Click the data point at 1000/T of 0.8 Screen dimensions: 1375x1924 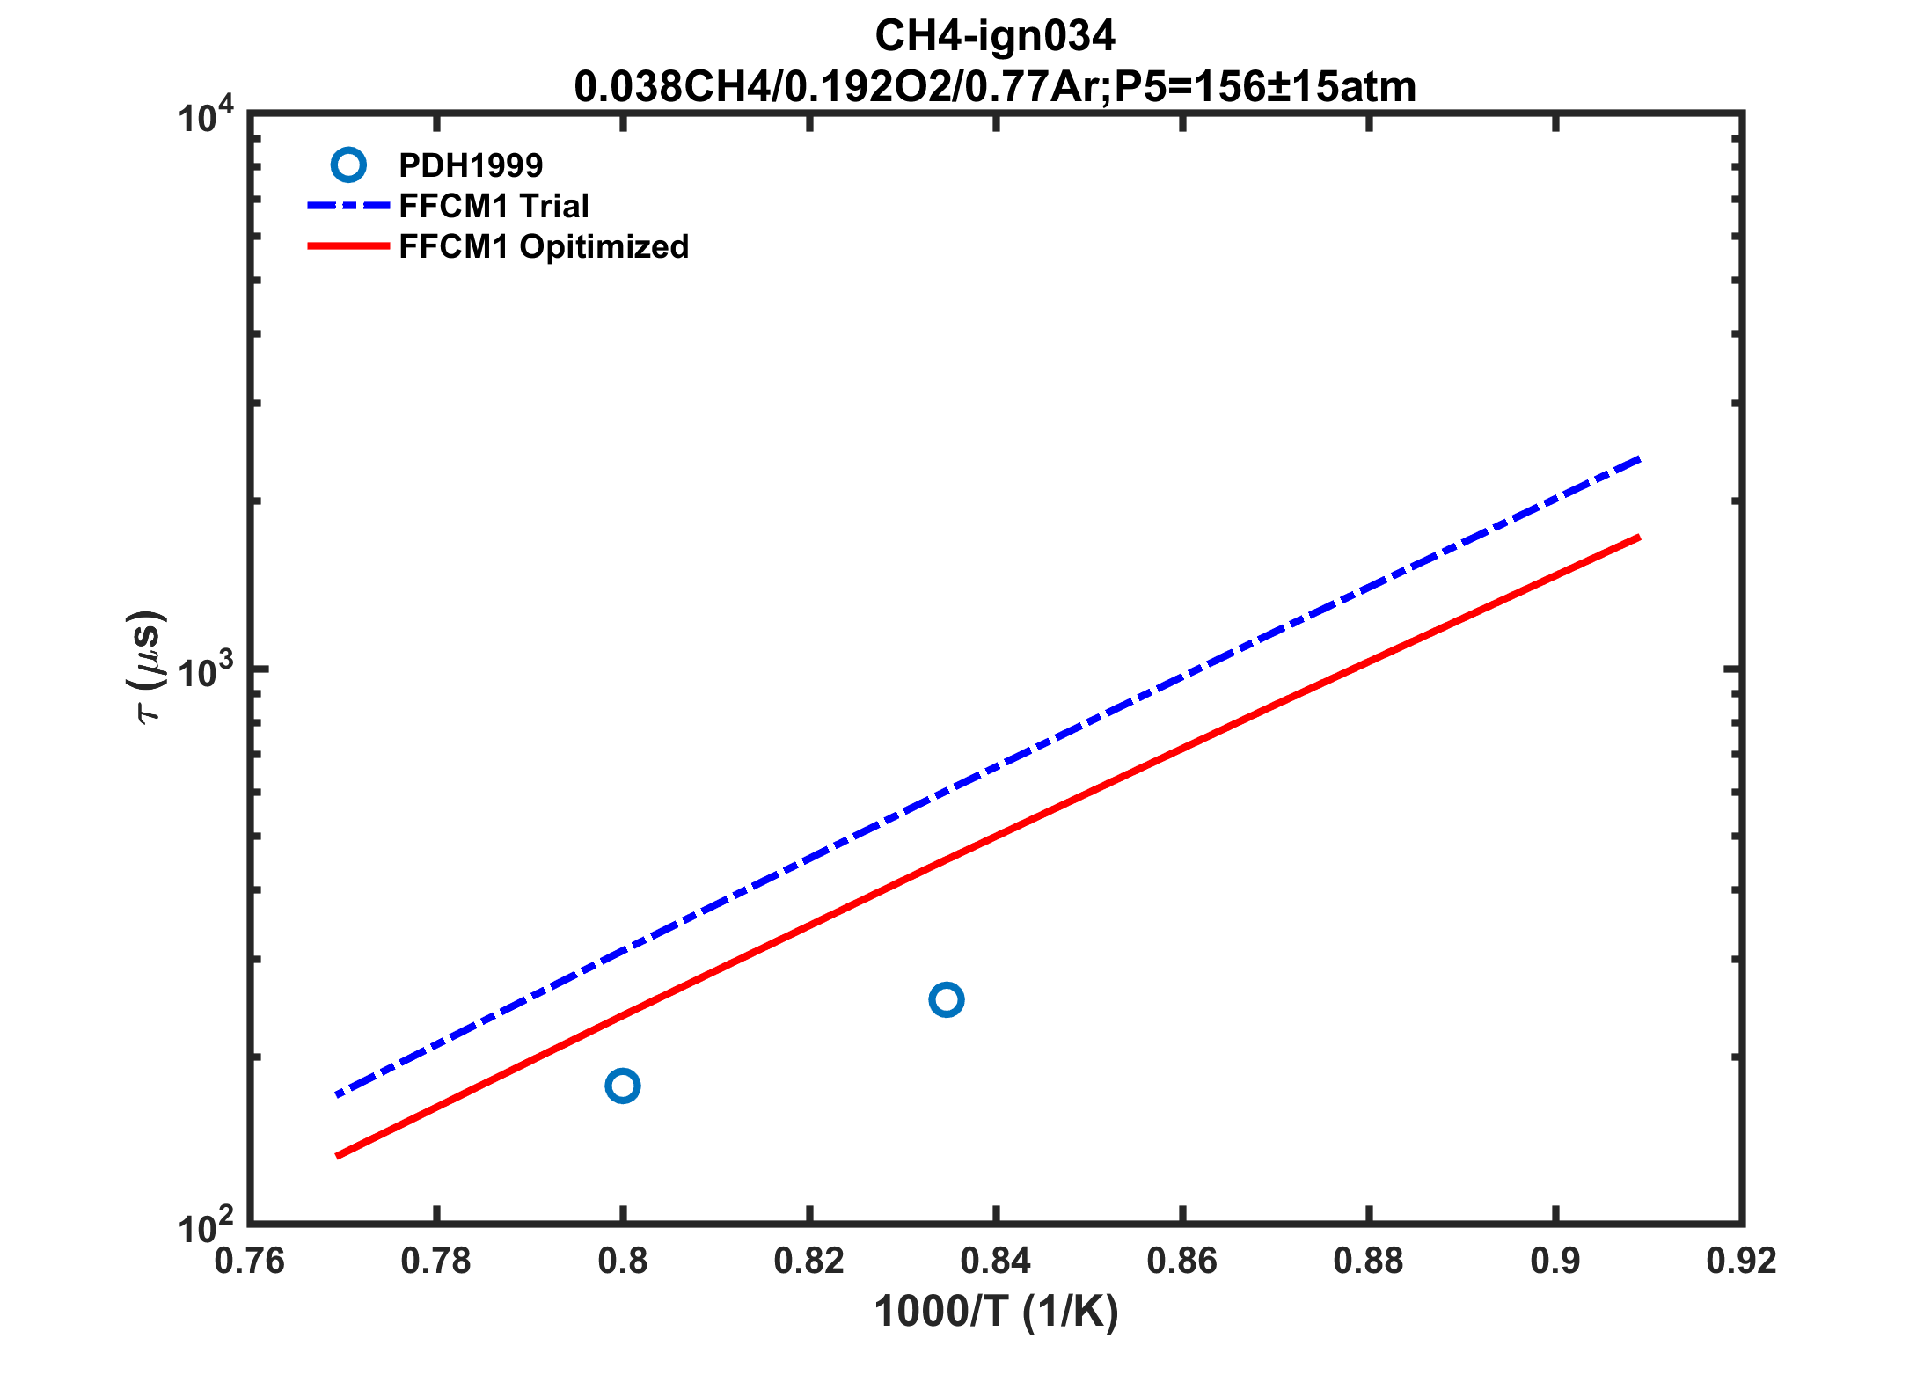[622, 1086]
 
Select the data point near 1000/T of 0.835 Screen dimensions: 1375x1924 [946, 999]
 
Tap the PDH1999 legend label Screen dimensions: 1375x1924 [471, 165]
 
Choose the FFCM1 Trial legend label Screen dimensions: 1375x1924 [494, 206]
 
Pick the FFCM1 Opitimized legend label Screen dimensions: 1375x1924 [544, 246]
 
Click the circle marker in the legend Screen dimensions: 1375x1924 [348, 165]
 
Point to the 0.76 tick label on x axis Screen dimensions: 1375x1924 [250, 1262]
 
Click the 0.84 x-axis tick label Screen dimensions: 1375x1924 [995, 1262]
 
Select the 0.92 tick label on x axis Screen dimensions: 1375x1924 [1741, 1262]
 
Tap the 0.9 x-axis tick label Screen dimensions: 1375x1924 [1555, 1262]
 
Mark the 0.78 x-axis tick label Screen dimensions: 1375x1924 [436, 1262]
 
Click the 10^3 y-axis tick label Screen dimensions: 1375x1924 [206, 671]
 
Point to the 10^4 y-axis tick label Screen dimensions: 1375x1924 [206, 116]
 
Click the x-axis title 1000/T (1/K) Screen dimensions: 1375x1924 [996, 1312]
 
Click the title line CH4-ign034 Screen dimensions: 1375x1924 [995, 36]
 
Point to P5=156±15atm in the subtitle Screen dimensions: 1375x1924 [1265, 87]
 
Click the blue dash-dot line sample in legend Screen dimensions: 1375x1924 [348, 206]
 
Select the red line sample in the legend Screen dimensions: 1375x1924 [348, 246]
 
